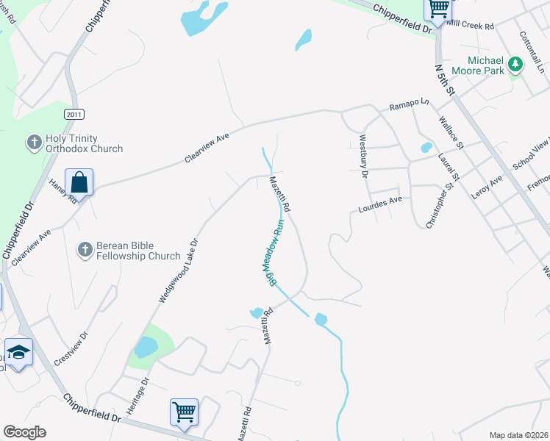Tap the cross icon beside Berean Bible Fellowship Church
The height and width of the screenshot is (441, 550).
click(85, 250)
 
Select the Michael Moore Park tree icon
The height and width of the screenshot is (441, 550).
click(516, 65)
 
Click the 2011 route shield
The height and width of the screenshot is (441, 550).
click(74, 114)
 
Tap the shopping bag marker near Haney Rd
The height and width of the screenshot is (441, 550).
click(79, 182)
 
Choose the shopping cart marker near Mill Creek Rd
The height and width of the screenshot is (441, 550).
click(439, 9)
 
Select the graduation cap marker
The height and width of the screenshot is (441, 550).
click(18, 352)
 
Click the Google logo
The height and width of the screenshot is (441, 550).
click(24, 432)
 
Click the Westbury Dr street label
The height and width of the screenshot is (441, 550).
click(362, 157)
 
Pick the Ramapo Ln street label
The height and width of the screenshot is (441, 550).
click(408, 104)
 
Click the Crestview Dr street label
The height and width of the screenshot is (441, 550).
click(71, 348)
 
